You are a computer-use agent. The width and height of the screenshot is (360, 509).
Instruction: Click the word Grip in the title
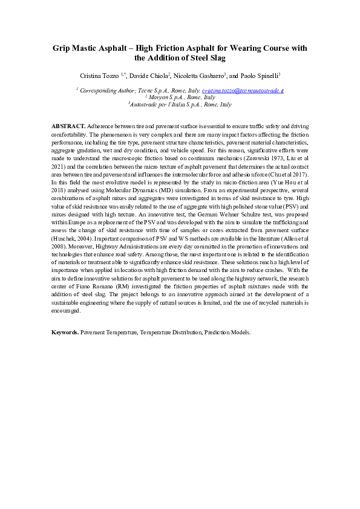point(62,48)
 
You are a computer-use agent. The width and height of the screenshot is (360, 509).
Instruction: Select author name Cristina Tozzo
point(100,76)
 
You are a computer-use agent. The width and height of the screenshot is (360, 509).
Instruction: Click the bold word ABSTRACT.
point(68,124)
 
